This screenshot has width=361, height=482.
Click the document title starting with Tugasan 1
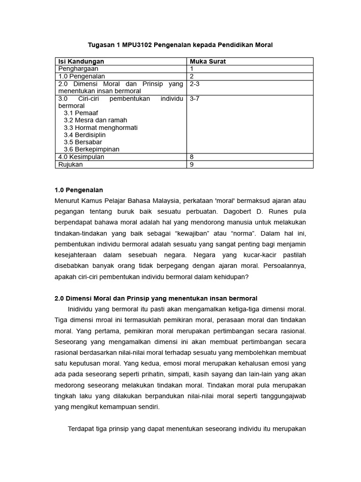coord(180,45)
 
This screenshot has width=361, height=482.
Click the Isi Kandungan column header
coord(81,61)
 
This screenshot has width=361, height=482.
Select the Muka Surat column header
coord(208,61)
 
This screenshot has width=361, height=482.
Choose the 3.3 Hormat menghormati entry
coord(101,128)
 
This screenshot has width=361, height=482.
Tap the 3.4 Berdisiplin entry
coord(85,135)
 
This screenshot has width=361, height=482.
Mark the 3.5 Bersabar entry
coord(83,142)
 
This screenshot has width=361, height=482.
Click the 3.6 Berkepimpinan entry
coord(92,149)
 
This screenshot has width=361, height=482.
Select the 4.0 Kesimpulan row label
coord(81,157)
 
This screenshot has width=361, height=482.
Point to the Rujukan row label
coord(71,164)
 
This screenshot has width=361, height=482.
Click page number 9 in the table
coord(192,164)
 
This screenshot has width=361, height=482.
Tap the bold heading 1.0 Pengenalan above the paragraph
coord(78,190)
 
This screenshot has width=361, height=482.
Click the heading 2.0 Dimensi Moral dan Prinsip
coord(156,298)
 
